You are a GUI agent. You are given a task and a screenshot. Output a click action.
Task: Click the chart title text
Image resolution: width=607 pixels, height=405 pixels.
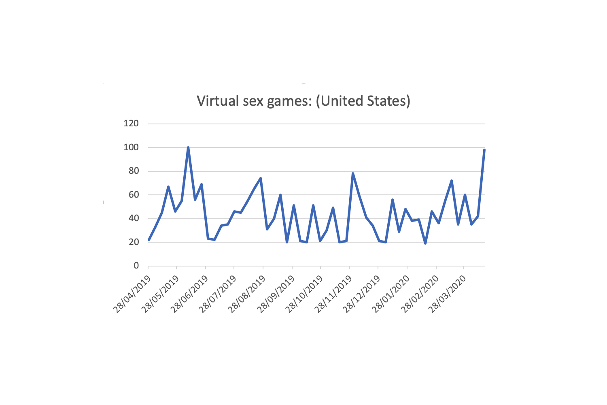tap(303, 100)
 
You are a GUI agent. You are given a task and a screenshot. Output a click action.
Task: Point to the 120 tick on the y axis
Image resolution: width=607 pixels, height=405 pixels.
tap(131, 124)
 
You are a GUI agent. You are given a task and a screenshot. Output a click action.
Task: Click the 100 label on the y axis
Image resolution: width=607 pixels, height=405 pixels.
tap(131, 147)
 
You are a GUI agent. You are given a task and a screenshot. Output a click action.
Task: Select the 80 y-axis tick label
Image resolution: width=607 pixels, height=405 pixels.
tap(133, 171)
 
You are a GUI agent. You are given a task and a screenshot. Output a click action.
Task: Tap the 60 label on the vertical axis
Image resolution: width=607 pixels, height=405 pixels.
tap(133, 195)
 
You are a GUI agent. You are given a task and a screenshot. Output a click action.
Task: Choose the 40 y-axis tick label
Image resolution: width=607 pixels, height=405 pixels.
tap(133, 218)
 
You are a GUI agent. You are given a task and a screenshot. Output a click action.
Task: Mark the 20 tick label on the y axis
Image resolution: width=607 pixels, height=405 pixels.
tap(133, 242)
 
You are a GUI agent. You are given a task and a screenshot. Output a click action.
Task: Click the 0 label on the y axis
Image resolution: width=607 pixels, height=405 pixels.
tap(136, 266)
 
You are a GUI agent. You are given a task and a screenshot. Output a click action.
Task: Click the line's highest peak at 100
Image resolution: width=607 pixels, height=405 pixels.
tap(188, 147)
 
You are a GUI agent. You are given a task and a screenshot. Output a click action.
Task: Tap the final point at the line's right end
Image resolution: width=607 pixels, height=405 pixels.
tap(484, 150)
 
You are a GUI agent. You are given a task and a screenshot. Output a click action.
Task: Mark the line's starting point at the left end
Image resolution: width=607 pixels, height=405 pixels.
tap(149, 240)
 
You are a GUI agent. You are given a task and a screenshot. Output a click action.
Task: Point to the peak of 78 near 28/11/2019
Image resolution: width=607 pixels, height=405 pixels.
tap(353, 173)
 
